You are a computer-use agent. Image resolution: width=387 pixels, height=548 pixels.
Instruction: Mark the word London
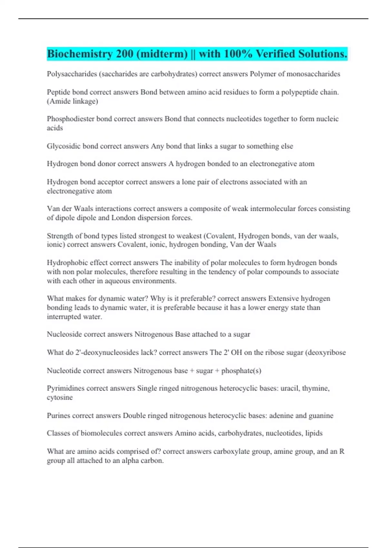[124, 218]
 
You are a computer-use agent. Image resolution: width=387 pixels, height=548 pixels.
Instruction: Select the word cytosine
[60, 397]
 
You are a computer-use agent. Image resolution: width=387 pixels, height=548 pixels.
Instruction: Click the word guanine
[321, 416]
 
